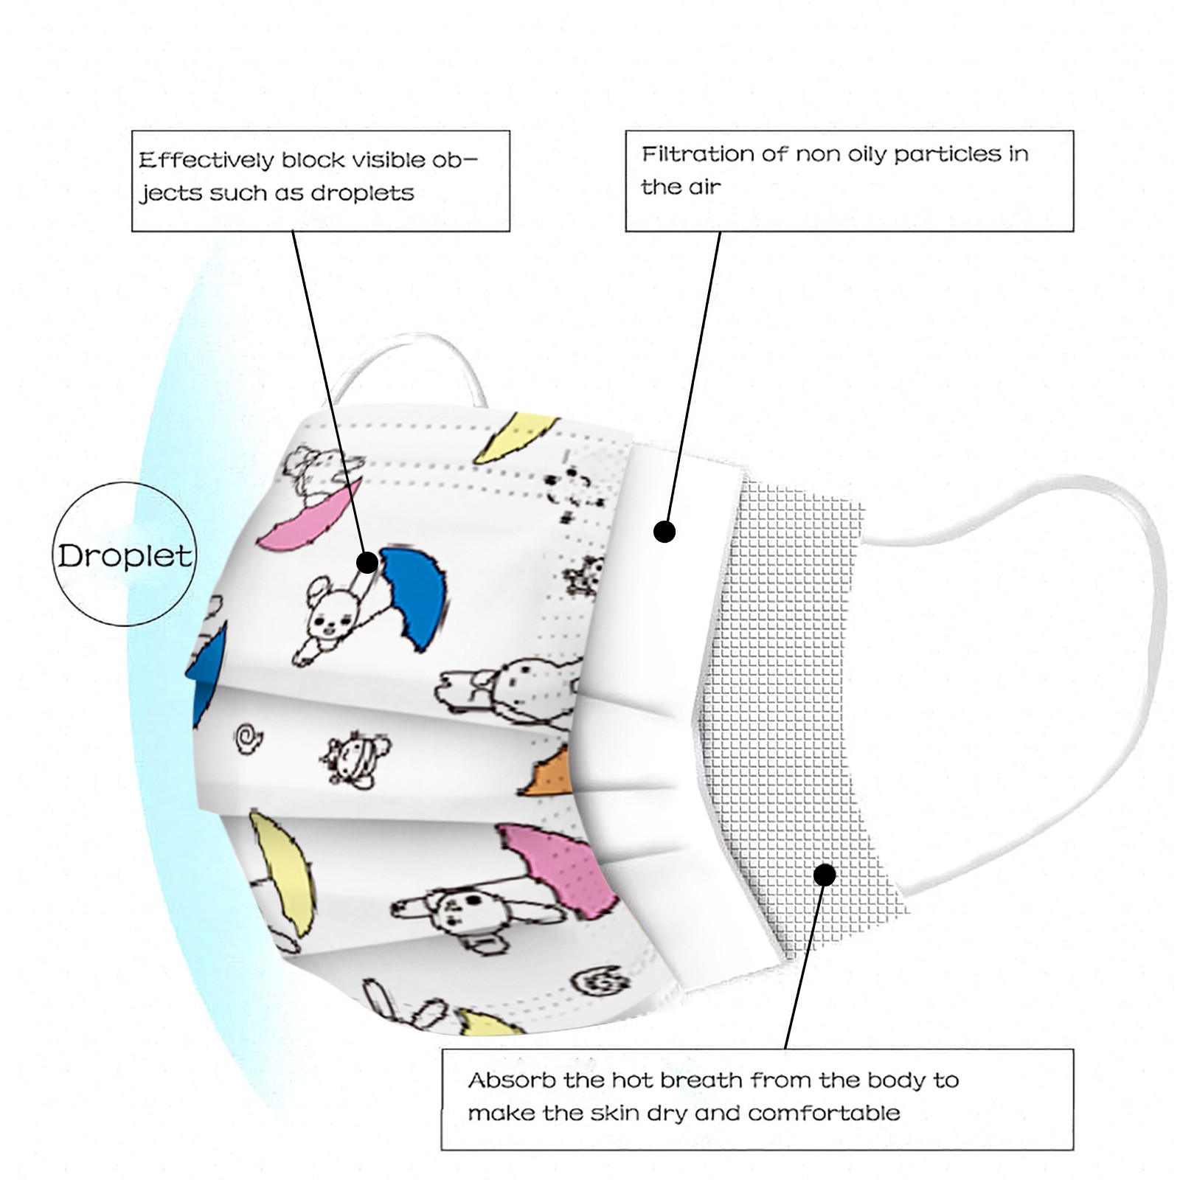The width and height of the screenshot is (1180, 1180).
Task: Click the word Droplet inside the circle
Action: tap(125, 555)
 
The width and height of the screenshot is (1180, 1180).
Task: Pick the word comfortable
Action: tap(824, 1113)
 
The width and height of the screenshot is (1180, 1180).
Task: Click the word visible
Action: tap(388, 160)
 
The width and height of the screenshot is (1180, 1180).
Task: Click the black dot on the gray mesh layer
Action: tap(825, 875)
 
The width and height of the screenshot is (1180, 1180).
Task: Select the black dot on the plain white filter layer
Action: tap(664, 531)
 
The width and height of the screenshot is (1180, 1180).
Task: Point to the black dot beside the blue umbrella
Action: tap(367, 563)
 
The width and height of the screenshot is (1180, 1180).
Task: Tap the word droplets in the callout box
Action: tap(362, 193)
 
